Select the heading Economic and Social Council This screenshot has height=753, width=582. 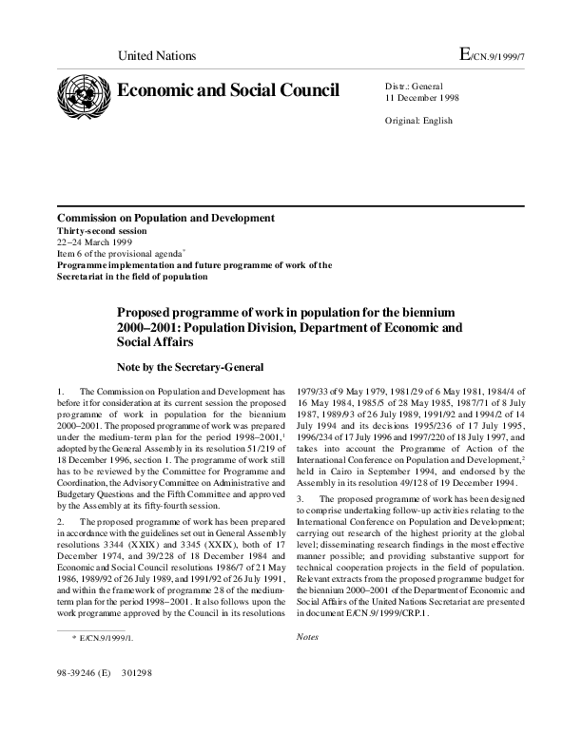[227, 91]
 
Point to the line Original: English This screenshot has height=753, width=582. [418, 121]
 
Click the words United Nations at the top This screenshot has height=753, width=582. [156, 56]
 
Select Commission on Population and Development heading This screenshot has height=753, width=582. [165, 218]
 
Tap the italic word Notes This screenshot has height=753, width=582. [308, 635]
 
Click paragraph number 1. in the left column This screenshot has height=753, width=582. [61, 392]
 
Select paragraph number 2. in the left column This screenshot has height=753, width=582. [61, 522]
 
